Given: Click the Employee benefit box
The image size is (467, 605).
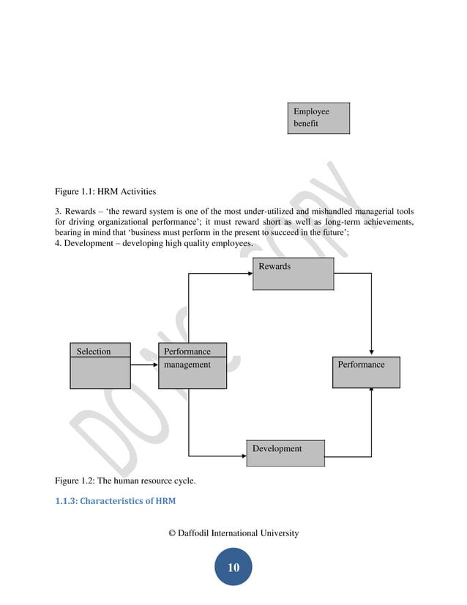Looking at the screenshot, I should coord(318,118).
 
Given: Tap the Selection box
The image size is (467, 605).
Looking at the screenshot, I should coord(100,365).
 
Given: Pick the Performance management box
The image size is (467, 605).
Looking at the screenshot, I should coord(193,365).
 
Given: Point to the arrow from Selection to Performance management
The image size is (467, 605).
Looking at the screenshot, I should coord(144,364).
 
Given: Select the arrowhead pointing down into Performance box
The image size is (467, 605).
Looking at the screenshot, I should coord(372,352).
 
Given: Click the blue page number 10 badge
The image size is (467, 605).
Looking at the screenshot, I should coord(233,568).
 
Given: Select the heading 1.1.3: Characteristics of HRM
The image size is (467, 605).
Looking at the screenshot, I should coord(115,502).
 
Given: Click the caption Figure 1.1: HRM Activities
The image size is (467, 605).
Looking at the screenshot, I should coord(105,192).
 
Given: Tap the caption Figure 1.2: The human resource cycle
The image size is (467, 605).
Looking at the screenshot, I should coord(125,480).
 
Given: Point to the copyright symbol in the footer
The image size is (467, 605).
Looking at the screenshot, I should coord(173,533).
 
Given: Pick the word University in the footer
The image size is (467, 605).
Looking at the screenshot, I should coord(278,533).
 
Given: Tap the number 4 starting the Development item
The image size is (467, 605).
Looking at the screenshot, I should coord(57,243).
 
